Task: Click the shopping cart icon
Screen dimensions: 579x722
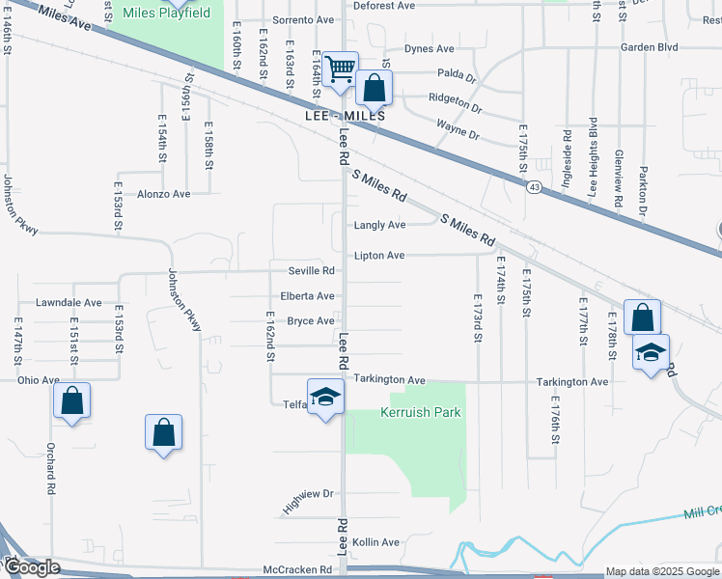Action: pos(340,69)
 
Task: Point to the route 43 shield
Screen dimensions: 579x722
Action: pos(533,186)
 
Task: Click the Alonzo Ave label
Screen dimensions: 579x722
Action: pos(164,194)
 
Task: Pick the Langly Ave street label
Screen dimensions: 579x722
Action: pos(379,225)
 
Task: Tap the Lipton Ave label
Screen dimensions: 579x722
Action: pos(379,256)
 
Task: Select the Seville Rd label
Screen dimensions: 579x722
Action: pos(311,270)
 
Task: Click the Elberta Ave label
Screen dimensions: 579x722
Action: pos(307,296)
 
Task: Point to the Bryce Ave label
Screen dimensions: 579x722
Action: pos(310,321)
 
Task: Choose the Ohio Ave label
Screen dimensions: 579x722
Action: pos(38,380)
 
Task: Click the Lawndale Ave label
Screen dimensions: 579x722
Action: pos(69,302)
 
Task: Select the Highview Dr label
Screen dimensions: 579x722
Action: pos(307,500)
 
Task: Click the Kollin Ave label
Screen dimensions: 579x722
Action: pos(375,542)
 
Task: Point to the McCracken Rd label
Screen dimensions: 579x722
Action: pos(297,570)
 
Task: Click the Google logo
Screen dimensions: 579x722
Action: pos(31,567)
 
